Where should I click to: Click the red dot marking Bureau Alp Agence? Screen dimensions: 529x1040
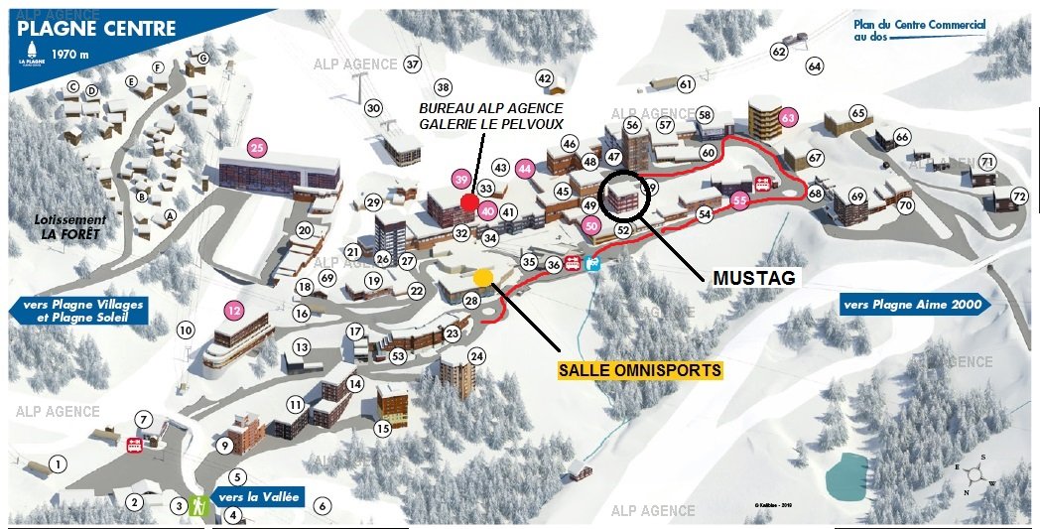pos(468,202)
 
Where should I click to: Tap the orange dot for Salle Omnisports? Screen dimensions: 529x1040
pos(483,277)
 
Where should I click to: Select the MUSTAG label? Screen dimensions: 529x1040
pos(754,278)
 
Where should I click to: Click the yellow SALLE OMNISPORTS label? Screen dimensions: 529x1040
pos(640,369)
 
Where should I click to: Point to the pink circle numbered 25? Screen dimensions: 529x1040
pos(257,149)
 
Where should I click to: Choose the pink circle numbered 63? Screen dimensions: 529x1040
pos(789,117)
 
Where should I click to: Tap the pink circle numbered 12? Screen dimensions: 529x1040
pos(233,310)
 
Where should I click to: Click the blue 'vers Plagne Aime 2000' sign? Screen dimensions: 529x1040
pos(914,305)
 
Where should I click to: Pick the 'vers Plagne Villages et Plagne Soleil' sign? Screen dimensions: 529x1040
pos(78,311)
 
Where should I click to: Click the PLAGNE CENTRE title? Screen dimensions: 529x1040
pos(97,29)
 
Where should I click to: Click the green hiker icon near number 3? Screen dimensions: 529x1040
pos(198,505)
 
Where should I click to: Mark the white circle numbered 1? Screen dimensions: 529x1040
pos(59,463)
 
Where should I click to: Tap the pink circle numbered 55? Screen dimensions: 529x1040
pos(739,199)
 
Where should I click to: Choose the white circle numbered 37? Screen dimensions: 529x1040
pos(413,65)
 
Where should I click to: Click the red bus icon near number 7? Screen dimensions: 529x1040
pos(134,445)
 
